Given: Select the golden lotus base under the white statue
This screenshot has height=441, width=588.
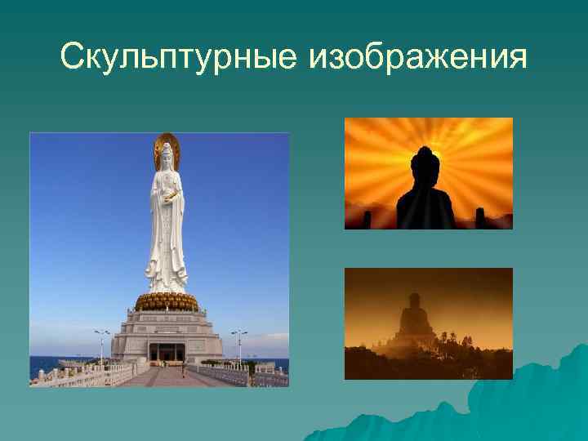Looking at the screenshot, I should [x=167, y=301].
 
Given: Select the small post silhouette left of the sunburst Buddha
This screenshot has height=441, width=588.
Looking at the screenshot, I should [x=367, y=219].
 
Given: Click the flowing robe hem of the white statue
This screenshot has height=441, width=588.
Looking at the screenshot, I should [x=167, y=282].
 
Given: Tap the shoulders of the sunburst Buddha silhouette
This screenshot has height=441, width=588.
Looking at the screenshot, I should [x=425, y=196].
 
